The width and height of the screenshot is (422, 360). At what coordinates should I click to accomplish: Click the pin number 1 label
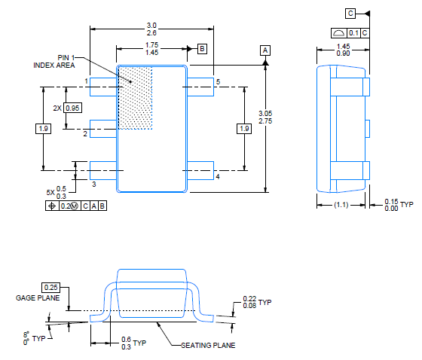(87, 81)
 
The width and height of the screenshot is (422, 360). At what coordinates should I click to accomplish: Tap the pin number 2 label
(85, 133)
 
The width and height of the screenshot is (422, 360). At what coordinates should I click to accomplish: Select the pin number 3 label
(93, 184)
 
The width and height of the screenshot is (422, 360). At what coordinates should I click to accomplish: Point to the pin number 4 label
(217, 176)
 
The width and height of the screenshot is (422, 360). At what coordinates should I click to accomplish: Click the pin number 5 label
(217, 81)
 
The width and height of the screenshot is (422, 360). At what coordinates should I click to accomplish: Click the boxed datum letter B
(202, 49)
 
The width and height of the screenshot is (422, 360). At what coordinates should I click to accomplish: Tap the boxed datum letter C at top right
(351, 13)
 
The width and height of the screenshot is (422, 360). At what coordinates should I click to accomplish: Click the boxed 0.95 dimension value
(72, 108)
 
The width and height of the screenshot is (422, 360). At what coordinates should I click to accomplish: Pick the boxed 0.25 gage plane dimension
(51, 287)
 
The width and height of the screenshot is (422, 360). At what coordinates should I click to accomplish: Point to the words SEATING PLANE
(209, 346)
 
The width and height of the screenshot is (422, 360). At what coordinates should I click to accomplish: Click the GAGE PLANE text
(37, 298)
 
